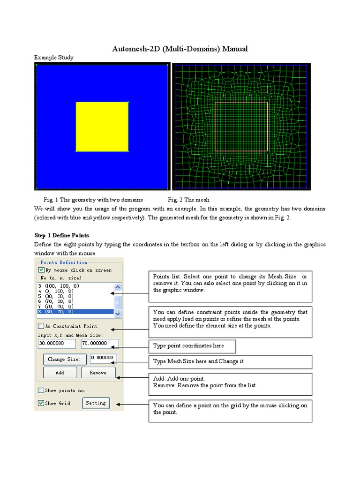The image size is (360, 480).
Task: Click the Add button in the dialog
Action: tap(60, 373)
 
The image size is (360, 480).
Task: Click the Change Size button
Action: tap(64, 360)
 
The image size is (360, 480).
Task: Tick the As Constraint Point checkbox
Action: tap(41, 326)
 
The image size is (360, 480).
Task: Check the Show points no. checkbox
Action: tap(41, 390)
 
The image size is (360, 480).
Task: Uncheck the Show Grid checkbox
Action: tap(41, 403)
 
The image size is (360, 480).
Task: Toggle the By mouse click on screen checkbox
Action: tap(41, 270)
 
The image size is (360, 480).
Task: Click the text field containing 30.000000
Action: tap(56, 344)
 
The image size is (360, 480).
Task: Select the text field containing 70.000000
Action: tap(99, 344)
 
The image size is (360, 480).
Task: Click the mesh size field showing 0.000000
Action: tap(103, 358)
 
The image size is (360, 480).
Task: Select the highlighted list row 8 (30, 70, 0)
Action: tap(75, 312)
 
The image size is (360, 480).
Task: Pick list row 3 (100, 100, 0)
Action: tap(75, 286)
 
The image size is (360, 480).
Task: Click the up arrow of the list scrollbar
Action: tap(118, 287)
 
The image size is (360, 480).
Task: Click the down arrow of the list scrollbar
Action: tap(118, 314)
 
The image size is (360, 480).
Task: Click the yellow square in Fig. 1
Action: tap(102, 127)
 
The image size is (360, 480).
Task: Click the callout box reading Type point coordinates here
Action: tap(192, 346)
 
